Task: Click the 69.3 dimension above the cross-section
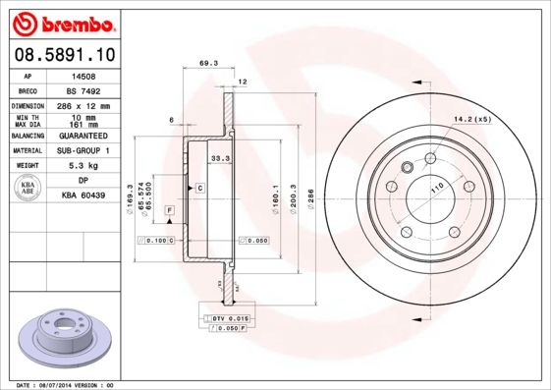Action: click(x=208, y=64)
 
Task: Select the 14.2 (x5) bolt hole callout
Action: click(x=470, y=120)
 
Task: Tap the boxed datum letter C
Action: click(x=199, y=187)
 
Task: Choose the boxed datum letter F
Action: click(x=169, y=210)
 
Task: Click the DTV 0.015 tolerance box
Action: click(x=226, y=319)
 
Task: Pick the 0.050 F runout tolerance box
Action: click(x=227, y=329)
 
